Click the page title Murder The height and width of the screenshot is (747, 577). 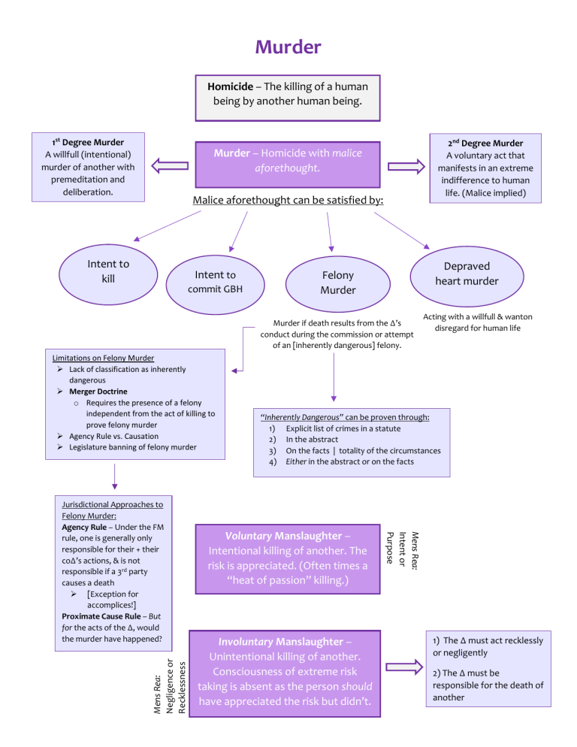pyautogui.click(x=288, y=47)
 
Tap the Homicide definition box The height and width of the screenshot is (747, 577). pyautogui.click(x=288, y=98)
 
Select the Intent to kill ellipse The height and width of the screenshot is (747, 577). pyautogui.click(x=108, y=274)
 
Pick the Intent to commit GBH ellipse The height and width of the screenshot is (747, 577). pyautogui.click(x=216, y=284)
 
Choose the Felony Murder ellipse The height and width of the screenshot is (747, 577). pyautogui.click(x=338, y=284)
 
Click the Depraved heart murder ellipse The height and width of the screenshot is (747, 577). pyautogui.click(x=467, y=277)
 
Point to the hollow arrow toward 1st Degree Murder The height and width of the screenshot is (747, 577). pyautogui.click(x=170, y=166)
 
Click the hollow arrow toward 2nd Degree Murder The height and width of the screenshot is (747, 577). pyautogui.click(x=406, y=166)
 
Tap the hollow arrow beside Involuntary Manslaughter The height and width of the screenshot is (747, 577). pyautogui.click(x=404, y=667)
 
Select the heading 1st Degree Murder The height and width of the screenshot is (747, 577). pyautogui.click(x=88, y=142)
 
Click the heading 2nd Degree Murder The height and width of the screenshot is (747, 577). pyautogui.click(x=485, y=143)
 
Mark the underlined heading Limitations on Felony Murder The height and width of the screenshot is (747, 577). pyautogui.click(x=103, y=358)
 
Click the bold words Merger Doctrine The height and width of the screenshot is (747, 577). pyautogui.click(x=98, y=391)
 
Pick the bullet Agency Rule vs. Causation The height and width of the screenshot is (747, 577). pyautogui.click(x=114, y=436)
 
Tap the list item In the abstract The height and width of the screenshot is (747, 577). pyautogui.click(x=312, y=439)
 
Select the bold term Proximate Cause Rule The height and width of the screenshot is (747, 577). pyautogui.click(x=101, y=616)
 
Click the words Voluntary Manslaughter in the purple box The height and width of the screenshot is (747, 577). pyautogui.click(x=283, y=536)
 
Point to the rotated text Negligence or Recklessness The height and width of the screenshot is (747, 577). pyautogui.click(x=175, y=686)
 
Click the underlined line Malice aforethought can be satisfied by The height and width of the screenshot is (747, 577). pyautogui.click(x=288, y=200)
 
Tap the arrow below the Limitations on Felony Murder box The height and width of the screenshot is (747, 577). pyautogui.click(x=114, y=476)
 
